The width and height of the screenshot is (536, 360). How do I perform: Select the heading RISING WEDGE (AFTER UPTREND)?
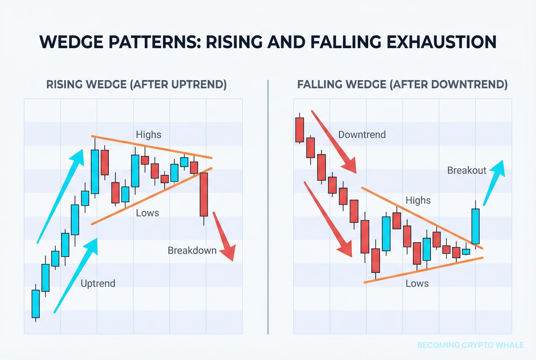point(136,85)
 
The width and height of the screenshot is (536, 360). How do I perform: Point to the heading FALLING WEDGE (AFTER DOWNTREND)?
point(402,85)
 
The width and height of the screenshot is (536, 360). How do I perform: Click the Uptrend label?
point(98,283)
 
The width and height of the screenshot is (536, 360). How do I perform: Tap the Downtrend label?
point(362,135)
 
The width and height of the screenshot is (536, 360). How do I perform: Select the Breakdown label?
point(192,251)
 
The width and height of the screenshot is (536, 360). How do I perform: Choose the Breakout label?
point(467,170)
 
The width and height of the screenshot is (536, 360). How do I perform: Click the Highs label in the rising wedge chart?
point(148,135)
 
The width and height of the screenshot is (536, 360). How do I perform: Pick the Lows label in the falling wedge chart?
point(417,284)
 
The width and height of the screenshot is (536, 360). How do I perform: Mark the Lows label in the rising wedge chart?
point(147,213)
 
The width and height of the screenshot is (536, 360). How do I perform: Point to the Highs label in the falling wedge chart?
point(418,200)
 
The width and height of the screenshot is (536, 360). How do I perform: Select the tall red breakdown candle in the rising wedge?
point(204,194)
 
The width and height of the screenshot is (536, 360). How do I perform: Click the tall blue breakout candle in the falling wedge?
point(475,226)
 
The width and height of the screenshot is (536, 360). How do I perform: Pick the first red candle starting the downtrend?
point(299,129)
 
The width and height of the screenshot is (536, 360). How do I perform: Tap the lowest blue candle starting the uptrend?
point(36,303)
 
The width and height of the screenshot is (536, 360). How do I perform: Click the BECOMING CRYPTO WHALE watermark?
point(470,345)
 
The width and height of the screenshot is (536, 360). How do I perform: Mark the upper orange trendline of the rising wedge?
point(151,147)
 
